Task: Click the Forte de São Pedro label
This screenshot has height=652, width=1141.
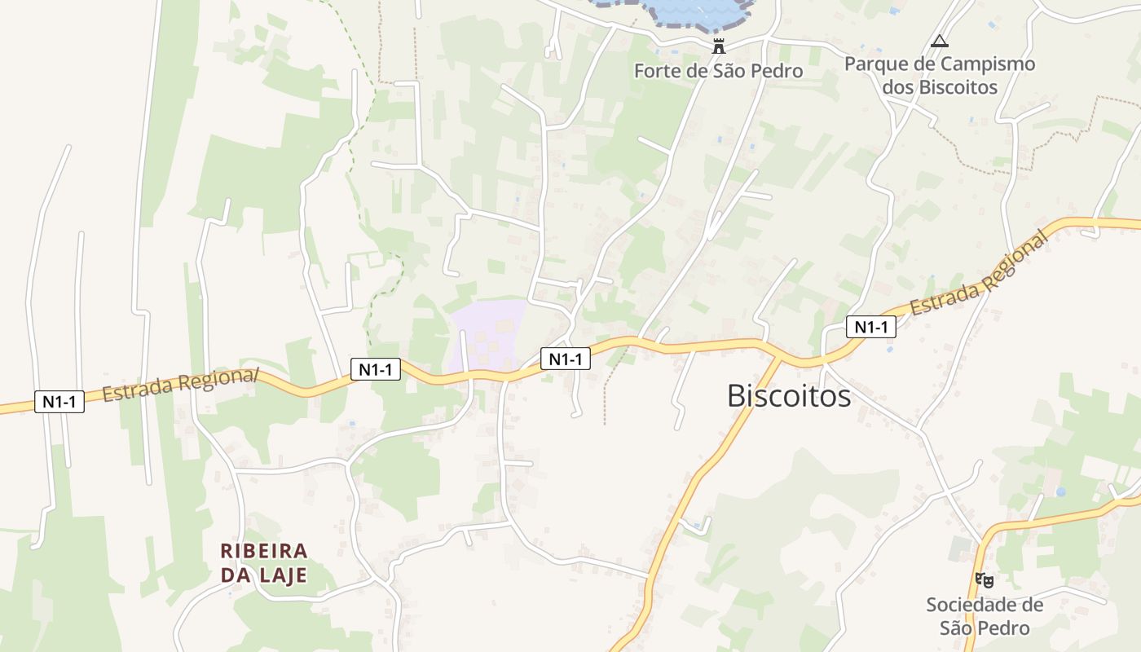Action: point(718,71)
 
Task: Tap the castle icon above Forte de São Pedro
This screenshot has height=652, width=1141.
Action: point(718,46)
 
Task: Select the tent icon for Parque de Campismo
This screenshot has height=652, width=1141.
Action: point(940,41)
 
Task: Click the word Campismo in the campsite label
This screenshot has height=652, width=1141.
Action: point(989,64)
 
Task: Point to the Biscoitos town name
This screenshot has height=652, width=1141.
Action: point(788,396)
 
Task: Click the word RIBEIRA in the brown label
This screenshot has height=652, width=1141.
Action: point(264,551)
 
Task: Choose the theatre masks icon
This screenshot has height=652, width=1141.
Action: point(985,580)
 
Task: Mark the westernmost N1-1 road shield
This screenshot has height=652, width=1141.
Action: point(59,401)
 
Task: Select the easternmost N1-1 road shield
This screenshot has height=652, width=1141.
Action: point(870,327)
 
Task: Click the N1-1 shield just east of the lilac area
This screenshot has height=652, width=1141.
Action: point(565,359)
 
